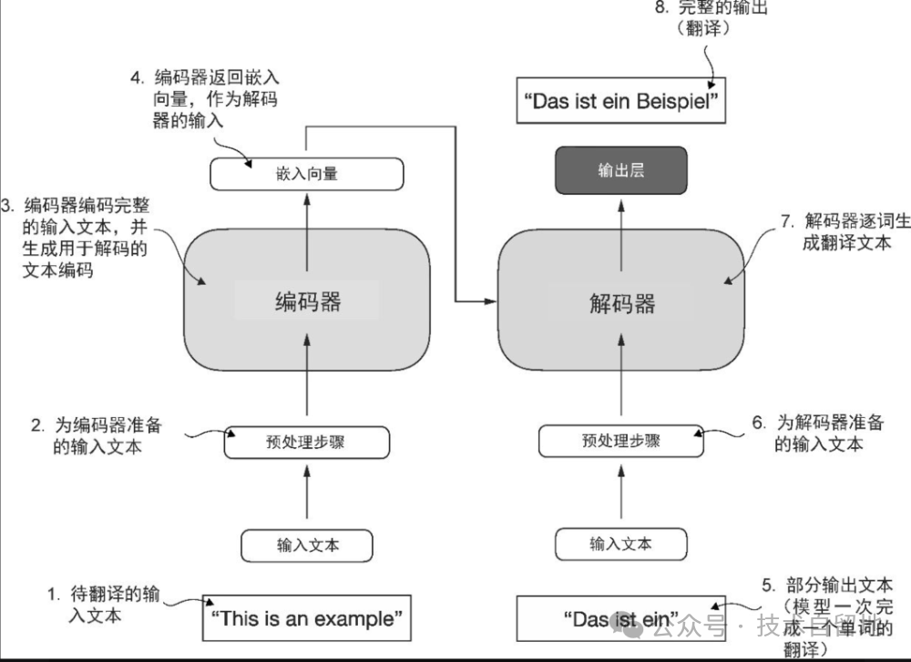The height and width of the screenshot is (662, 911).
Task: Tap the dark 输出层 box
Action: tap(620, 171)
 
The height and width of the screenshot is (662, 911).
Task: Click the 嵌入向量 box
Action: tap(307, 173)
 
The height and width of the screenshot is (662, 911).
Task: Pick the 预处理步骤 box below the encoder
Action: tap(307, 442)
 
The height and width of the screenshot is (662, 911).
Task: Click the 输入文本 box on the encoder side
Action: tap(307, 545)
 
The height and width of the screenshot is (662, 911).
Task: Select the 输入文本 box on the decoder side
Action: tap(620, 545)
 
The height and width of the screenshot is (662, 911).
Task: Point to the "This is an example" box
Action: tap(306, 619)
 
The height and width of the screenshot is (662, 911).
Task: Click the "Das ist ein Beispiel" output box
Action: tap(622, 101)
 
